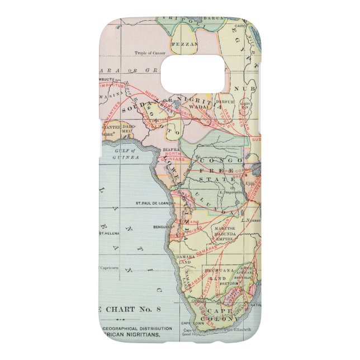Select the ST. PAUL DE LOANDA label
point(153,203)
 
